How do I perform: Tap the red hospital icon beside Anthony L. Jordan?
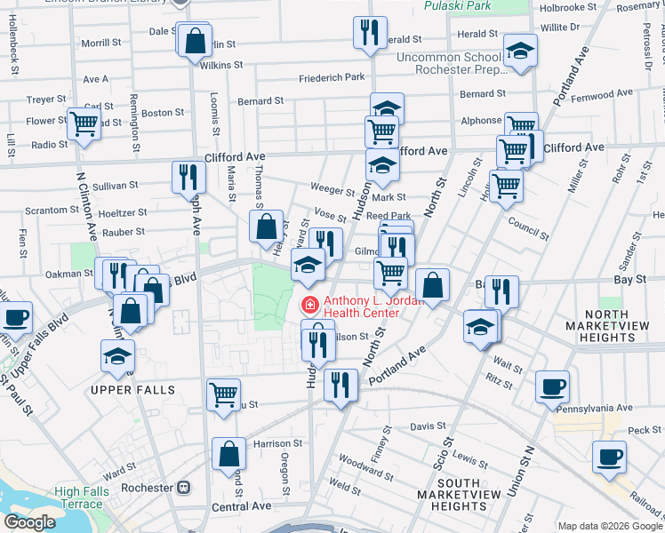(310, 306)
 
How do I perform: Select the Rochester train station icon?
(184, 488)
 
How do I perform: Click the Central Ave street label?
(243, 506)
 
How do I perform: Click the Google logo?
(30, 522)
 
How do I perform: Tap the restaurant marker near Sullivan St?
(188, 177)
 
